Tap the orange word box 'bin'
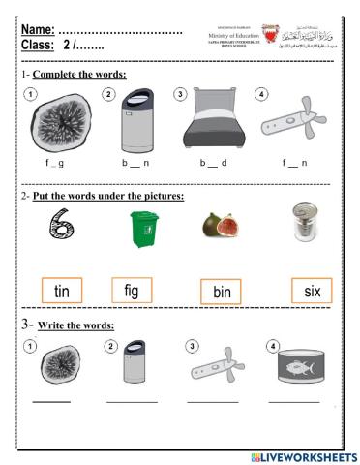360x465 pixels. (220, 292)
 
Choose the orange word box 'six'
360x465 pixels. (312, 290)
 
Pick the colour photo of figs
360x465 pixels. (218, 230)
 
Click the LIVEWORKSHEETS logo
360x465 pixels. (303, 456)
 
